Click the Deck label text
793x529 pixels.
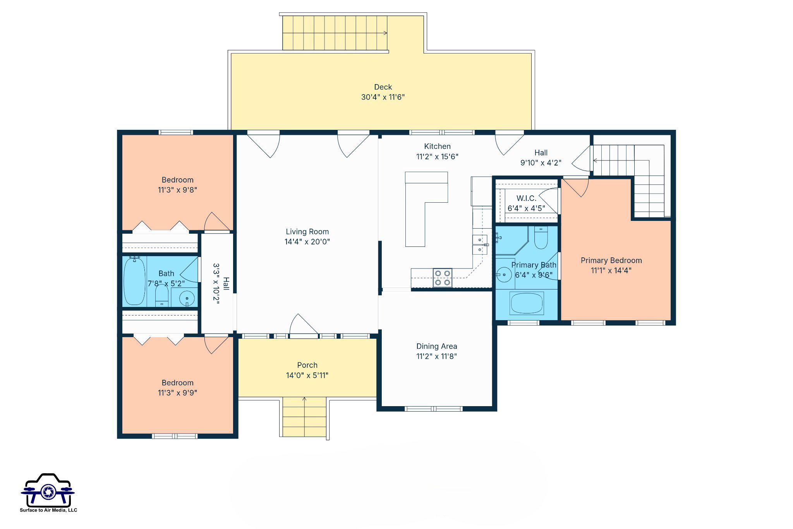click(383, 87)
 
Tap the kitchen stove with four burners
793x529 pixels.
click(443, 278)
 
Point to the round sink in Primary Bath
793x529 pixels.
click(505, 275)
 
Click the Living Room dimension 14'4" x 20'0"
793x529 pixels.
click(307, 242)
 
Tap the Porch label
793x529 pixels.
click(307, 365)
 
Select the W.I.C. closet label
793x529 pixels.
click(526, 198)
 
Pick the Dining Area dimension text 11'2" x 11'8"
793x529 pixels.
click(436, 357)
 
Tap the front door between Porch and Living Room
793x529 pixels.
click(304, 336)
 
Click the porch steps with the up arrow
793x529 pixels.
click(304, 417)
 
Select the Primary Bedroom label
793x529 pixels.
click(611, 260)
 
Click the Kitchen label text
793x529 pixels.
click(437, 146)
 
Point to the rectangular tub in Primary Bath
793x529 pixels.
click(527, 303)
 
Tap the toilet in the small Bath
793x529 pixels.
click(161, 296)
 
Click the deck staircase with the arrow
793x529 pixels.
click(335, 33)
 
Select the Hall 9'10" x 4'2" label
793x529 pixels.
click(541, 158)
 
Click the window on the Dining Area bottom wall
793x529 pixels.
click(434, 408)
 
